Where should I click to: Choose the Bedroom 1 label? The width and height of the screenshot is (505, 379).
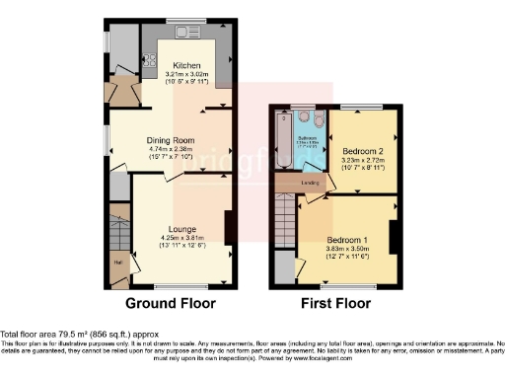pyautogui.click(x=347, y=240)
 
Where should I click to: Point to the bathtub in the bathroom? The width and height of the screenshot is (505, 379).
pyautogui.click(x=284, y=140)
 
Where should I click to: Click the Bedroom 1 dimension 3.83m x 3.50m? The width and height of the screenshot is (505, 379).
pyautogui.click(x=347, y=249)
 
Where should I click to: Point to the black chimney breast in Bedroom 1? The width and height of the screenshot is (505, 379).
pyautogui.click(x=395, y=239)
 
